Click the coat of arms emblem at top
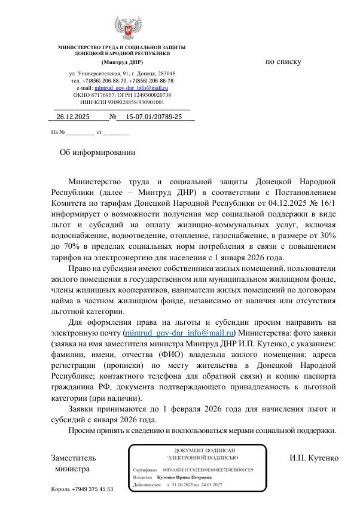coord(128,29)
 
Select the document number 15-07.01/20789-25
coord(154,117)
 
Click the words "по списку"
coord(283,62)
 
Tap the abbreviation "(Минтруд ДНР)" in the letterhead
coord(122,62)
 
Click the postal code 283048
coord(162,73)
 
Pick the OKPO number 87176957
coord(103,95)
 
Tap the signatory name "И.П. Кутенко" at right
coord(314,458)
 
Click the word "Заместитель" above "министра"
coord(74,458)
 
